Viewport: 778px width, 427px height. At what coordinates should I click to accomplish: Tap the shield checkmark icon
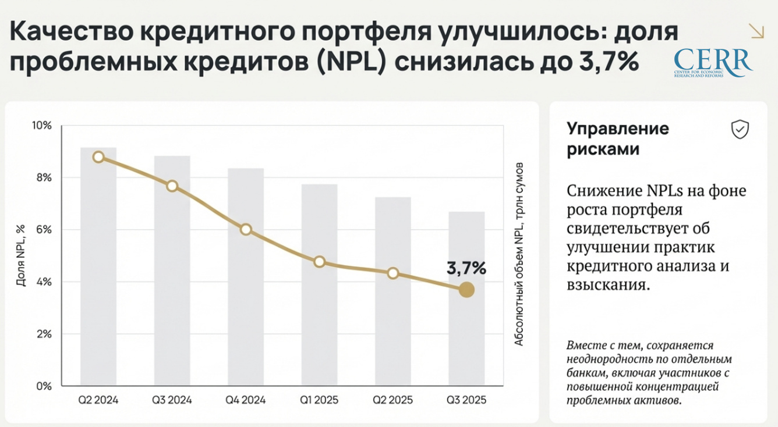tap(740, 129)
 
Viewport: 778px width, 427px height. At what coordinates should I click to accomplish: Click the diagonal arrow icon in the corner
tap(757, 31)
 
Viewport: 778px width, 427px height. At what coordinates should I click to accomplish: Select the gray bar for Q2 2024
tap(98, 268)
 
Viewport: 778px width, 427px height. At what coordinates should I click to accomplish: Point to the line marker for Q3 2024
tap(172, 186)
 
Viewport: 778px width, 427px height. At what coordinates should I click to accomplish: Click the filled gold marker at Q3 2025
tap(466, 290)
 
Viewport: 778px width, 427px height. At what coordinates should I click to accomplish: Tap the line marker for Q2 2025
tap(393, 273)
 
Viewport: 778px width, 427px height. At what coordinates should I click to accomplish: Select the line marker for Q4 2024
tap(246, 229)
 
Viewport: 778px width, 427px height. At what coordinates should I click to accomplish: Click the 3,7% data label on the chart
tap(466, 268)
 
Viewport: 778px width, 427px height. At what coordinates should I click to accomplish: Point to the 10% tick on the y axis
tap(41, 126)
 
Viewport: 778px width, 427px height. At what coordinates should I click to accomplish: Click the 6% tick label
tap(44, 230)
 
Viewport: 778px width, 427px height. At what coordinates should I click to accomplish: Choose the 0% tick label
tap(44, 386)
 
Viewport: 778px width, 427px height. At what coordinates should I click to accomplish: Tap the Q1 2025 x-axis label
tap(319, 400)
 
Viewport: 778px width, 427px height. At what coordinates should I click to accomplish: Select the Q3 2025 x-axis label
tap(466, 400)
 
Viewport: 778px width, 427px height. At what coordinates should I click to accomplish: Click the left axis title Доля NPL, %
tap(21, 255)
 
